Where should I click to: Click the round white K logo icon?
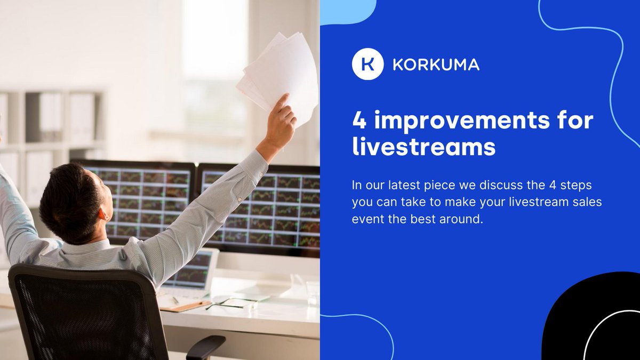click(367, 65)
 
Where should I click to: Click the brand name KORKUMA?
click(436, 65)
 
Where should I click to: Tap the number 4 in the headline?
click(359, 121)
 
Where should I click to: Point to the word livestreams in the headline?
click(423, 147)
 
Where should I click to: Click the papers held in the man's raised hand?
click(277, 75)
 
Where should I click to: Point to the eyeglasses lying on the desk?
click(229, 304)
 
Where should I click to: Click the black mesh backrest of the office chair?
click(80, 315)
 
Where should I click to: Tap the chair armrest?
click(205, 347)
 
